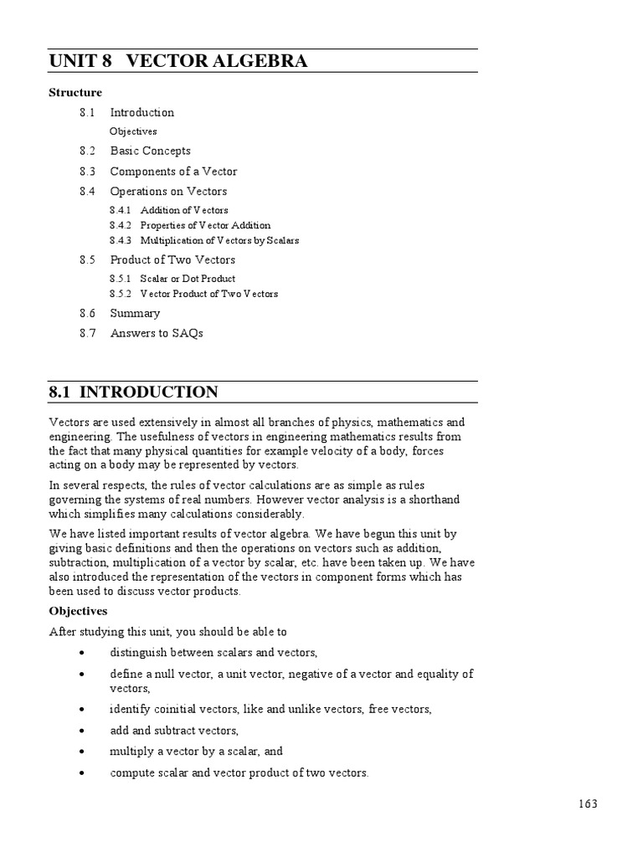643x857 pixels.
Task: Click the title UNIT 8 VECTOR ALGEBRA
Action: [x=177, y=61]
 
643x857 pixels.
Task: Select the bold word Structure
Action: [x=75, y=93]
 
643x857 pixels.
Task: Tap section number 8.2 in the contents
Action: [x=88, y=151]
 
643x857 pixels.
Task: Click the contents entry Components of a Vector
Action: [x=173, y=172]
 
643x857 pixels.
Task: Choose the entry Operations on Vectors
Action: [x=168, y=192]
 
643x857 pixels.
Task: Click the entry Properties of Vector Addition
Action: [x=205, y=225]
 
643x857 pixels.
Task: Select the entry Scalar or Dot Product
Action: [x=188, y=279]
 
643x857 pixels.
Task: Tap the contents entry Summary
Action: [x=135, y=314]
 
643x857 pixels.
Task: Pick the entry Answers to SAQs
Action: [x=157, y=334]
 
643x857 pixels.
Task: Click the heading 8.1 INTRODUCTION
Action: [x=133, y=393]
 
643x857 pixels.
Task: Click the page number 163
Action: [x=588, y=804]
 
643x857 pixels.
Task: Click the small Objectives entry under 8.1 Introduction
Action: [x=133, y=131]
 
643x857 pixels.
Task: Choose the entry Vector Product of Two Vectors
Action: [x=209, y=294]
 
